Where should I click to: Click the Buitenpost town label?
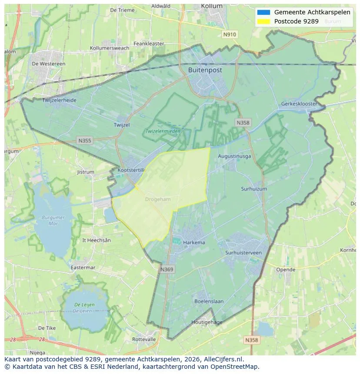coord(205,70)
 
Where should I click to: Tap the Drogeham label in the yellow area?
coord(158,199)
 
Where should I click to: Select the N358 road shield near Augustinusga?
coord(243,123)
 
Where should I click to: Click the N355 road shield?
coord(84,140)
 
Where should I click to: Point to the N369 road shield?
coord(167,270)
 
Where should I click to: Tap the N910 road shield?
coord(229,34)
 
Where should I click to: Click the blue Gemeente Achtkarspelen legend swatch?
coord(263,13)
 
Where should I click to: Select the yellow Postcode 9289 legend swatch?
coord(263,21)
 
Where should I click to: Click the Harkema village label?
coord(194,242)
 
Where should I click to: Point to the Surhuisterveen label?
coord(243,252)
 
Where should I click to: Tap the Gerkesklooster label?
coord(299,104)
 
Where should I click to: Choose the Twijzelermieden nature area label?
coord(163,131)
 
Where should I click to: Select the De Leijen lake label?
coord(84,308)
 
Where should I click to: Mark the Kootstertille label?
coord(130,170)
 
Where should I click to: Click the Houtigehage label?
coord(207,322)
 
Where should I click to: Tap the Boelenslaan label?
coord(209,301)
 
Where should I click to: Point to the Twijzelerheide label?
coord(59,100)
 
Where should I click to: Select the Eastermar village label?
coord(83,268)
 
